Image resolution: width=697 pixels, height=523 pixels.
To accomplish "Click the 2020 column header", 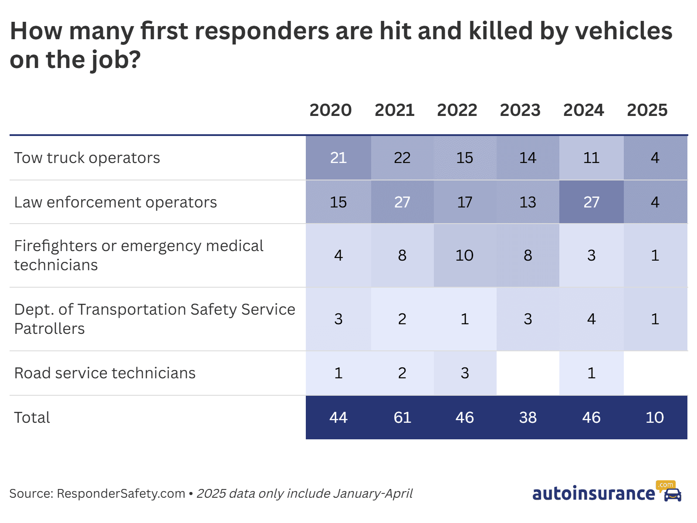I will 330,110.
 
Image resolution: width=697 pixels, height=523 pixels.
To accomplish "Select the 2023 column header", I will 520,110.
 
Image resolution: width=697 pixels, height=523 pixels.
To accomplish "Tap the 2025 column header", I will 647,110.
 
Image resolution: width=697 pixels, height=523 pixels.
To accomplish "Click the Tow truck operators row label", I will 87,158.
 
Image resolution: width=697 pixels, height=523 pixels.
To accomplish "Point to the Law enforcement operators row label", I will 115,202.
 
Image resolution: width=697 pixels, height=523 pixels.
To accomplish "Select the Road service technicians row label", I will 105,373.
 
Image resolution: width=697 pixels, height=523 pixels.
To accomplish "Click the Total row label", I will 32,418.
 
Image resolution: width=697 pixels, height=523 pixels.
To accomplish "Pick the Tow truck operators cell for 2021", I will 402,158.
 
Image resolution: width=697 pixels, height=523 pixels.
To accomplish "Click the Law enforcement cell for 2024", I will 591,202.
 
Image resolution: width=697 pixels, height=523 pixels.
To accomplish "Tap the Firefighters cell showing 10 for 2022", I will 464,255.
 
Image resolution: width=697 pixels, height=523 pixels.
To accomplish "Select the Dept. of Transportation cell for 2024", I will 591,319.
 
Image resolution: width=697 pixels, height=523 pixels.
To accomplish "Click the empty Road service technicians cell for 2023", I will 528,373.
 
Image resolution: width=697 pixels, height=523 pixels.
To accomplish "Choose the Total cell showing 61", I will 402,418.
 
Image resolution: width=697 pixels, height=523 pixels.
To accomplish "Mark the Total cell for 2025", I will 655,418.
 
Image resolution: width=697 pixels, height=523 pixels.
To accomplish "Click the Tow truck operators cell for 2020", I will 338,158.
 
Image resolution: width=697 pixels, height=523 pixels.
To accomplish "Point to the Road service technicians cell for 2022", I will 464,373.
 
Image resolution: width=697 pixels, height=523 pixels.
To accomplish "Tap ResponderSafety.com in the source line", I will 121,494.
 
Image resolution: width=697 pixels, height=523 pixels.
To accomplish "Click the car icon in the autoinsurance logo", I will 672,495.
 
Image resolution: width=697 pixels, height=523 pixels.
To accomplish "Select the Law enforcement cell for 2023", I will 528,202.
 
